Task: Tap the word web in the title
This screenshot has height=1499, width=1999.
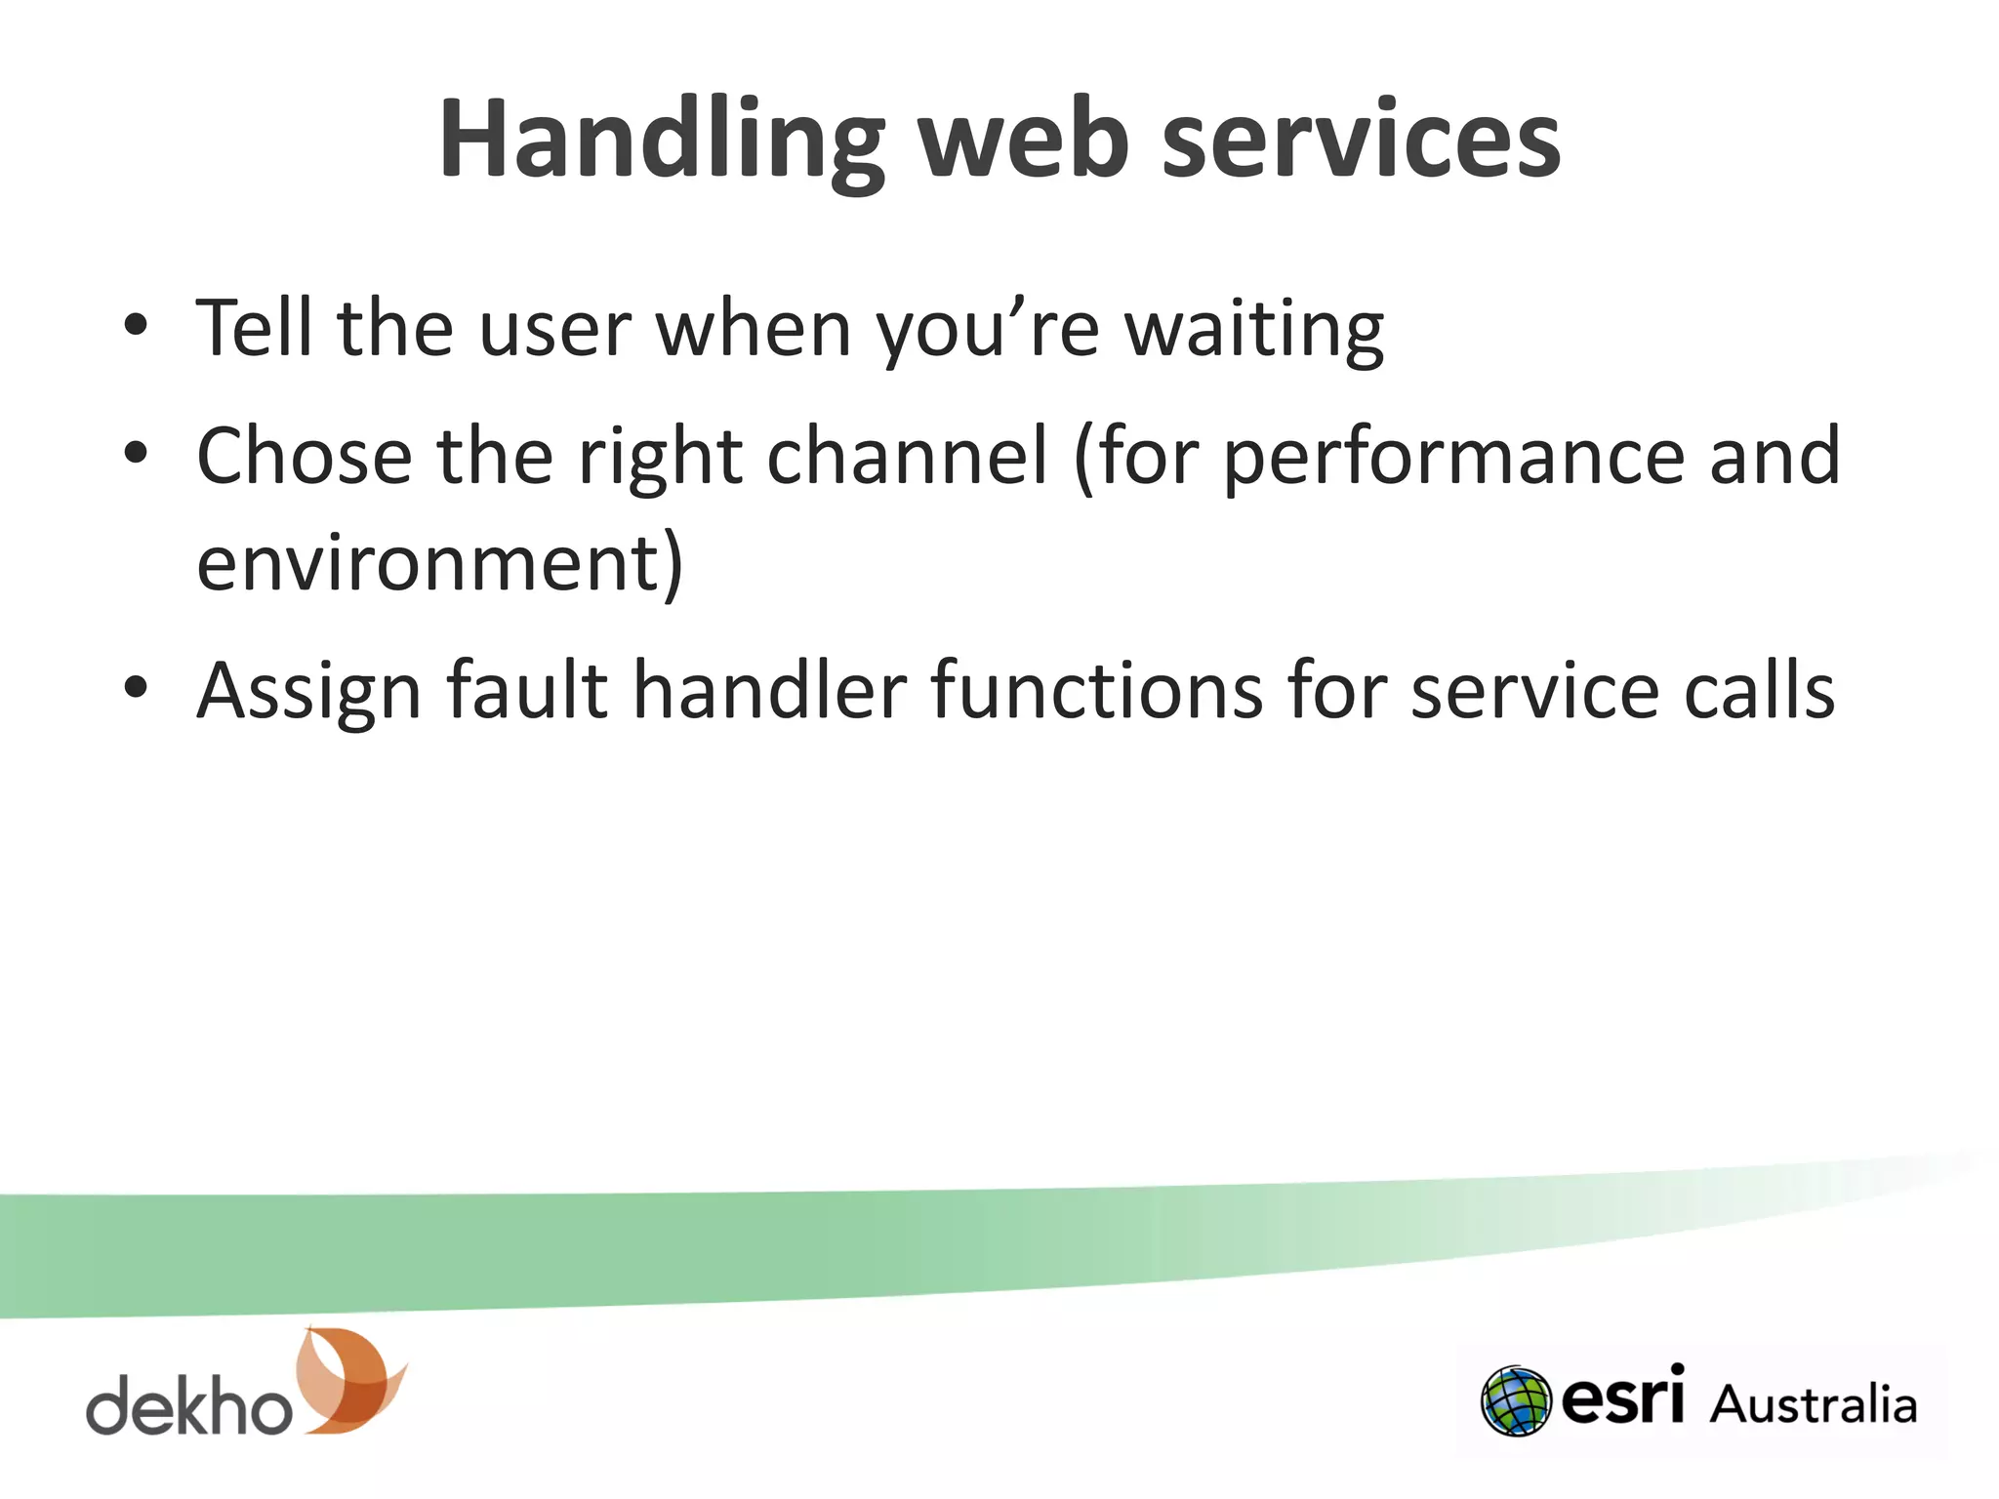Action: click(1025, 142)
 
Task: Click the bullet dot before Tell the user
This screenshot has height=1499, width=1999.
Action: click(136, 326)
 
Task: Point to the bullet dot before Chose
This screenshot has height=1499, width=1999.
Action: click(136, 453)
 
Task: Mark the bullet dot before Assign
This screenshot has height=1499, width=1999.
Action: click(136, 688)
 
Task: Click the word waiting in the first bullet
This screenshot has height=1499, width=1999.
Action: click(1254, 330)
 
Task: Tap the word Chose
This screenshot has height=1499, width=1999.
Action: click(304, 456)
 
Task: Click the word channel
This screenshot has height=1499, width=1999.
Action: click(907, 456)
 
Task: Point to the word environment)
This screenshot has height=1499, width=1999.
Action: click(439, 564)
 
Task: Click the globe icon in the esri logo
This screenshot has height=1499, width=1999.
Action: click(1515, 1400)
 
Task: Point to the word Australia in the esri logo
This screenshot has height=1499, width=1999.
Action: click(1813, 1404)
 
